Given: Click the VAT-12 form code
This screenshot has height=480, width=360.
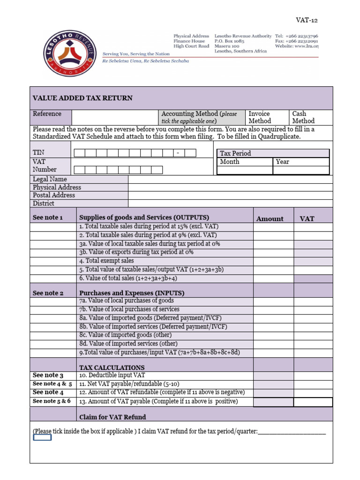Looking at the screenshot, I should (307, 20).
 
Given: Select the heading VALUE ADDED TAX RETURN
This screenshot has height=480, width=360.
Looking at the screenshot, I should (82, 98).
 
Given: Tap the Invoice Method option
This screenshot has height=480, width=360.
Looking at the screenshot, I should (260, 117).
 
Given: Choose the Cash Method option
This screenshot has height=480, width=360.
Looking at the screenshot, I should (303, 117).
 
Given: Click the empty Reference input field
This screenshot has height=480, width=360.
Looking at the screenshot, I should (115, 117).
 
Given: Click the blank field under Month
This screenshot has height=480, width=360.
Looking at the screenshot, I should (245, 170).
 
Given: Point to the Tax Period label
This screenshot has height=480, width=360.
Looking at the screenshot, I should (235, 153).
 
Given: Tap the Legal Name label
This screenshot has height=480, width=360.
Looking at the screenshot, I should (50, 179).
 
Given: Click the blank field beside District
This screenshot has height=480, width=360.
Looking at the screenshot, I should (230, 203).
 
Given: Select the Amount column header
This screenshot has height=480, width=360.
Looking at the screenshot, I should (270, 218).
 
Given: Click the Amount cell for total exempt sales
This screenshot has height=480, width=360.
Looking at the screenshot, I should (273, 261).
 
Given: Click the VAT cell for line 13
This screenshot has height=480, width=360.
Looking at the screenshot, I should (313, 402).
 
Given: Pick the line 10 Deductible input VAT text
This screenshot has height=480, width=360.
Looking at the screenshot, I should (112, 375).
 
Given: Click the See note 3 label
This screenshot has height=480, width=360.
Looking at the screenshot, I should (48, 375).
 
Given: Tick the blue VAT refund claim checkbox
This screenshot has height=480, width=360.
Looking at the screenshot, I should (42, 437).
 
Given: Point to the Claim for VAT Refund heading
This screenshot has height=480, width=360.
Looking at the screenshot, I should (112, 417).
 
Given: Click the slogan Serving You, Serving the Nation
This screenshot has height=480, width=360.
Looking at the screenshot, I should (136, 54).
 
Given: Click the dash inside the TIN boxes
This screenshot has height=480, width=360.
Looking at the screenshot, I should (179, 153).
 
